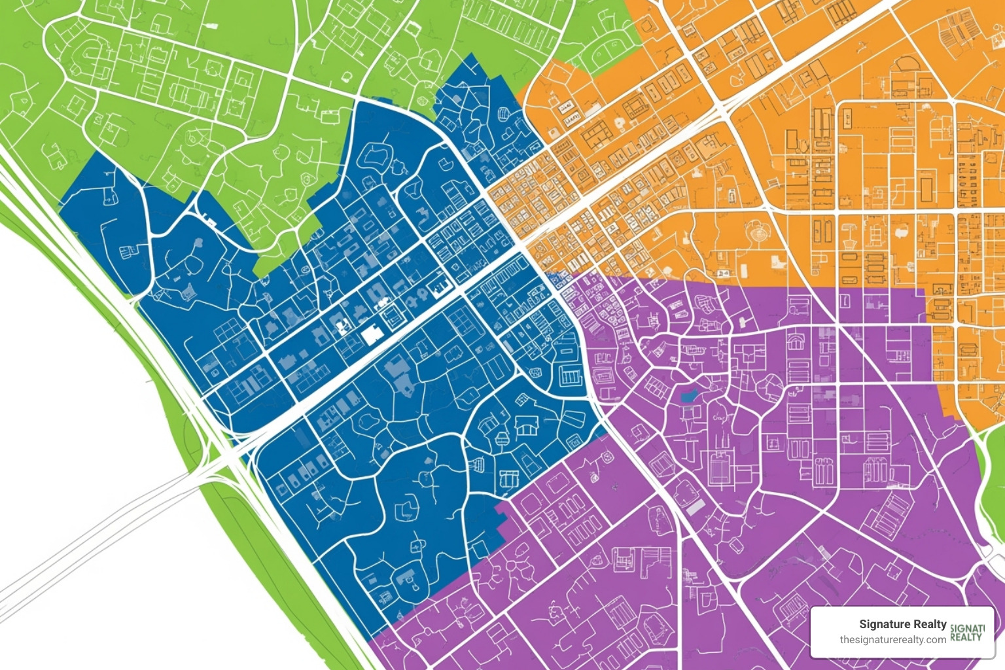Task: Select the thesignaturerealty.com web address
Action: pos(892,640)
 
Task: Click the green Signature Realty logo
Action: pos(966,633)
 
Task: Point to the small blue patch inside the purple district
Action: pos(688,396)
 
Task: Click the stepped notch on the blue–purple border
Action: pos(504,517)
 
